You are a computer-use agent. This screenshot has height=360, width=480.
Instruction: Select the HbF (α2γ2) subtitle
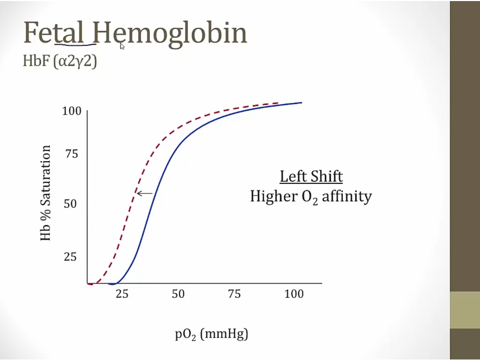point(60,61)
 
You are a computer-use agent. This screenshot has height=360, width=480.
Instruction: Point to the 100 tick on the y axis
point(71,111)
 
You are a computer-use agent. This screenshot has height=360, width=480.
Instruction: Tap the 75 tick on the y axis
point(71,155)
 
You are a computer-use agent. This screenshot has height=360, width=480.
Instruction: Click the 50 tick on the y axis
point(70,204)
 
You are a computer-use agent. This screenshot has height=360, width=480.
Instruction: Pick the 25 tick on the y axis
point(70,257)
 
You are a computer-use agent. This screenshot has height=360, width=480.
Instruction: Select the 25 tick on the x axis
point(122,294)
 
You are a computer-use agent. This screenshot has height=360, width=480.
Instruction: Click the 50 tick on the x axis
point(178,294)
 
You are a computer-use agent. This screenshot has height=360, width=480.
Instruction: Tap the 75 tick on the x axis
point(234,294)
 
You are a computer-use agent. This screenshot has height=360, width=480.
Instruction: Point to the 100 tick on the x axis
point(294,294)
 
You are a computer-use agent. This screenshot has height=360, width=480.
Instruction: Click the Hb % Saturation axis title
point(46,193)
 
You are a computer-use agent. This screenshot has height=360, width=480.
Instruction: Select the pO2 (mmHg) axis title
point(212,334)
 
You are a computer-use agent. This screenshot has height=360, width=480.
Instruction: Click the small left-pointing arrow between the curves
point(145,193)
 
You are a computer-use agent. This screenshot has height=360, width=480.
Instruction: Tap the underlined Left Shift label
point(311,177)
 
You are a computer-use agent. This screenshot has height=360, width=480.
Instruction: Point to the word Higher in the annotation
point(274,196)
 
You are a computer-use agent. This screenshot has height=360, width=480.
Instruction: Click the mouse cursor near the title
point(122,46)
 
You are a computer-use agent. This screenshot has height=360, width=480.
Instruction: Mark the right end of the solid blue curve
point(301,102)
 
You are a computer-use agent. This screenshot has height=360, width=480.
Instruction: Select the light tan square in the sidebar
point(465,310)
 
